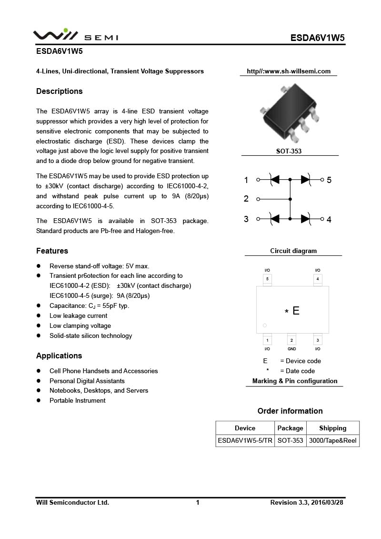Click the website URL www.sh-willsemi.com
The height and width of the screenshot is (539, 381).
[289, 71]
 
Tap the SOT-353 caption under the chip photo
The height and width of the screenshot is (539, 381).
[289, 151]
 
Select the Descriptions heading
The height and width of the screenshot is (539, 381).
[60, 92]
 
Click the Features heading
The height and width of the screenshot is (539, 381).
[52, 251]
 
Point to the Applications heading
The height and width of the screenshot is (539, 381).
[59, 356]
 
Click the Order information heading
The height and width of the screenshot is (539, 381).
[290, 411]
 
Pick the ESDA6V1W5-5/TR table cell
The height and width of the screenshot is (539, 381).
[245, 441]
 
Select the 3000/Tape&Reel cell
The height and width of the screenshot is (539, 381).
[332, 441]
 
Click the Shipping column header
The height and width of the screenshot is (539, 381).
[332, 428]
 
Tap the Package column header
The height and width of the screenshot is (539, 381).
[290, 428]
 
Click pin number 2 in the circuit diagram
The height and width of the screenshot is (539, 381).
[246, 199]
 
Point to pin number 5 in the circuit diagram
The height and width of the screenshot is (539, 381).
[329, 180]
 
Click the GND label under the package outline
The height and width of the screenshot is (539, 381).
[292, 349]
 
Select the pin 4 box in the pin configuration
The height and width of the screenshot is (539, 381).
[318, 279]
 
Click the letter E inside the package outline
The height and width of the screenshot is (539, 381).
[296, 311]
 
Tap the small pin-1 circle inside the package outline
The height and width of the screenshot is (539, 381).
[265, 326]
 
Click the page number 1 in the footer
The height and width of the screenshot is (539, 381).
[198, 503]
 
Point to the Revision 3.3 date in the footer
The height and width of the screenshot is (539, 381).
[306, 503]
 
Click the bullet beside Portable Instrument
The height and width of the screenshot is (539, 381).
[39, 401]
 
